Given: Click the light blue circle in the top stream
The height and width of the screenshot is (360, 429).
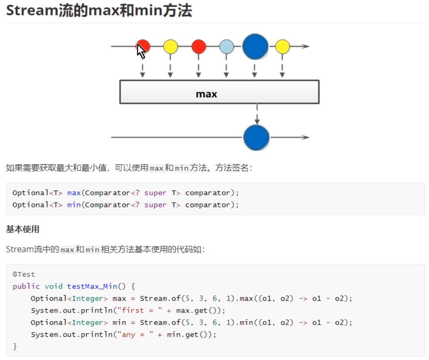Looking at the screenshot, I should [x=226, y=46].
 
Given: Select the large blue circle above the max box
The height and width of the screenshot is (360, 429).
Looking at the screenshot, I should [x=255, y=46].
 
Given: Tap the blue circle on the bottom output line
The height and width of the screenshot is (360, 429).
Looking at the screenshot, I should [x=256, y=137].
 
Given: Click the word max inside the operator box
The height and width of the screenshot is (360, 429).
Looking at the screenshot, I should [x=206, y=94].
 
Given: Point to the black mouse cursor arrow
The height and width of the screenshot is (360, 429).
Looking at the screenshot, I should [x=140, y=50].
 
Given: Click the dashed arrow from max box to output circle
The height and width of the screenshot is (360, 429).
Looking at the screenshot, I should [x=257, y=114].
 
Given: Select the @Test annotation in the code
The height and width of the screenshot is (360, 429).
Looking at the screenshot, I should [x=24, y=275].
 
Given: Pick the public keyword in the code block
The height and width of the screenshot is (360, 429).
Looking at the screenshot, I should [x=24, y=286].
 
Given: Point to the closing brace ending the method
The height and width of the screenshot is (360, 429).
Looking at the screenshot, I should [x=15, y=346].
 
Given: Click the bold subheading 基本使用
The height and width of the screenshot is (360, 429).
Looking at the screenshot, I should [x=23, y=229].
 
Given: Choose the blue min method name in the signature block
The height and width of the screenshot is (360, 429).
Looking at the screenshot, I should [x=74, y=204].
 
